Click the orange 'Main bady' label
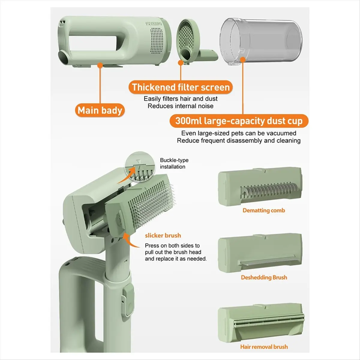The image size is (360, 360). pos(100,110)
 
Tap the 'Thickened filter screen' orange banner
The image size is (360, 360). pos(181,87)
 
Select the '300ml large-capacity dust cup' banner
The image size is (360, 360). pos(239,121)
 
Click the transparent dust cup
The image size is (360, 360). pos(261,41)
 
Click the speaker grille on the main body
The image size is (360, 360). pos(157,41)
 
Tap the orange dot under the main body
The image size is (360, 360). pos(100,65)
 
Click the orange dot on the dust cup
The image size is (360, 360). pos(243,60)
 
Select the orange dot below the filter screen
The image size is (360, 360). pos(181,63)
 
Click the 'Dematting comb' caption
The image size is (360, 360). pos(264,210)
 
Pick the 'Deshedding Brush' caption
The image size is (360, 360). pos(264,277)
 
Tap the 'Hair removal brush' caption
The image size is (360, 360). pos(264,347)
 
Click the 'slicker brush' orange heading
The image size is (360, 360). pos(163,235)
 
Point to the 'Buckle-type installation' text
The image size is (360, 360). pos(174,163)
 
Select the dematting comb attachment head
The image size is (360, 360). pos(260,186)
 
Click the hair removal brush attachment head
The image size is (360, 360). pos(261,322)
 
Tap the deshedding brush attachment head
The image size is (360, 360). pos(260,253)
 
